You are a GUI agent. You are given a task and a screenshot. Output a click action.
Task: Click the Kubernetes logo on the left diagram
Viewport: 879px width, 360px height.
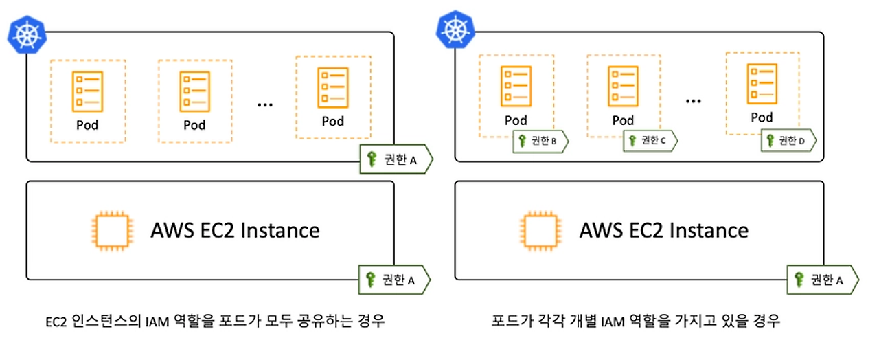tap(27, 34)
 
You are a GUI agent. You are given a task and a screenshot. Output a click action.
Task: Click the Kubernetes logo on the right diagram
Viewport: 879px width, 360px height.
tap(455, 30)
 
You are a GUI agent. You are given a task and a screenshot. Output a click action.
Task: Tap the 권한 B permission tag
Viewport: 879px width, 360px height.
tap(540, 142)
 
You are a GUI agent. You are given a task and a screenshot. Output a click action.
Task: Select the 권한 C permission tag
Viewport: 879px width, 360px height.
tap(650, 141)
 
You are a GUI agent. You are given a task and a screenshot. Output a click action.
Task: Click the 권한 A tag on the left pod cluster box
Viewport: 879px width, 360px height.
tap(396, 159)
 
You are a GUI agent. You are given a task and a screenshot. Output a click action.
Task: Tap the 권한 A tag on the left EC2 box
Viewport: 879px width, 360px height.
tap(394, 280)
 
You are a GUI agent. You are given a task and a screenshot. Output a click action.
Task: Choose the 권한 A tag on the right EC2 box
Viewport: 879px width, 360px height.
tap(823, 280)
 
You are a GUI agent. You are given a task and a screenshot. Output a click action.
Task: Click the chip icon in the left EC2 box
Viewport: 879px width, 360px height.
tap(112, 231)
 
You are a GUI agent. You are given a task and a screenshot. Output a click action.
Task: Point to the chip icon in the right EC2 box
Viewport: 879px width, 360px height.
tap(540, 231)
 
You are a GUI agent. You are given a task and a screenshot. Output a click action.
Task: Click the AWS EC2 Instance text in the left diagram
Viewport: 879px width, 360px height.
tap(235, 230)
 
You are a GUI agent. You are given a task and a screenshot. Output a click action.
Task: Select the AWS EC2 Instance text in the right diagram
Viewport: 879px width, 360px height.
tap(664, 230)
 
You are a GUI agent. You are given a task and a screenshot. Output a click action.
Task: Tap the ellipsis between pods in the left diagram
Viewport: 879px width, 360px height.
tap(265, 105)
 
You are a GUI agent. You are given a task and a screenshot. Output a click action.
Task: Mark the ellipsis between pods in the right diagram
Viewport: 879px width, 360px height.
tap(694, 101)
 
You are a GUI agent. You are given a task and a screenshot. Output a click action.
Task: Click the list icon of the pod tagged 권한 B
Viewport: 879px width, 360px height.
tap(516, 87)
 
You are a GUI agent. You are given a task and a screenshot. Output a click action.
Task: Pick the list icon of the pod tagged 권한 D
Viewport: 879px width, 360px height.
tap(762, 84)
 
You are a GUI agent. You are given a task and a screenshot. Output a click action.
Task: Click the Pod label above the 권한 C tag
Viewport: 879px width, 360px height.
tap(623, 120)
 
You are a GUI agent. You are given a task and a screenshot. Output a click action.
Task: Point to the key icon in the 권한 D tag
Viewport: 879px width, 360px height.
tap(770, 141)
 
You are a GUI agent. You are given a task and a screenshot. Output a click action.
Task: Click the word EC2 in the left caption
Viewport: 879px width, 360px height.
tap(56, 322)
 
